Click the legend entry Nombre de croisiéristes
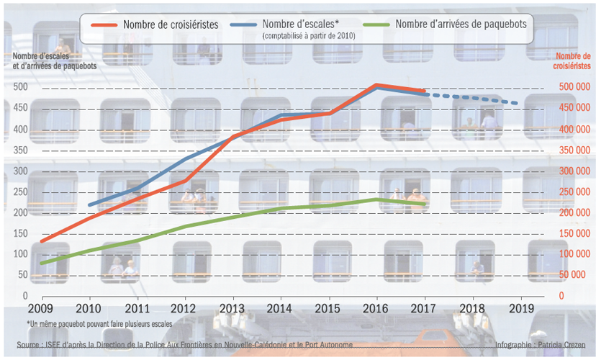pyautogui.click(x=171, y=24)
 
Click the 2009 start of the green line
pyautogui.click(x=41, y=263)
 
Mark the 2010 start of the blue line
pyautogui.click(x=89, y=205)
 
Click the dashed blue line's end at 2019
pyautogui.click(x=520, y=104)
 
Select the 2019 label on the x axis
pyautogui.click(x=520, y=308)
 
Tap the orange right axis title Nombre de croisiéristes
pyautogui.click(x=574, y=60)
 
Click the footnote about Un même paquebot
pyautogui.click(x=99, y=324)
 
